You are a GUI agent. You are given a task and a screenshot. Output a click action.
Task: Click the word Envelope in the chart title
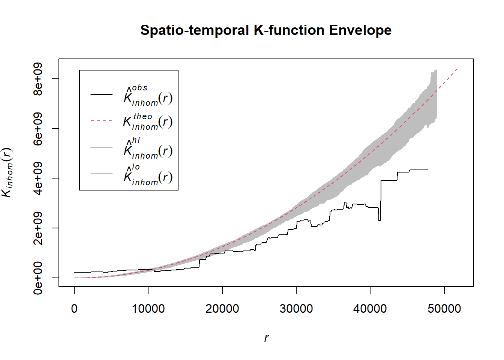[360, 30]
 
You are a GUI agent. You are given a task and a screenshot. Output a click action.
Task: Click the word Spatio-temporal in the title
[195, 30]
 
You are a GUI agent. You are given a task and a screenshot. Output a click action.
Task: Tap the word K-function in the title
[289, 30]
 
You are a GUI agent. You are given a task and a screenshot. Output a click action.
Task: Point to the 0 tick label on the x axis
[74, 309]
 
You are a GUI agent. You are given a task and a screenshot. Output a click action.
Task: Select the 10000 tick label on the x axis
[148, 309]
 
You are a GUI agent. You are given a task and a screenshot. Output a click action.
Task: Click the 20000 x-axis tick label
[222, 309]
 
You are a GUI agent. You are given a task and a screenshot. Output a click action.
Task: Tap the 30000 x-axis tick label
[296, 309]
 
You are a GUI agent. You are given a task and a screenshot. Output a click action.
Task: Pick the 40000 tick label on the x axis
[370, 309]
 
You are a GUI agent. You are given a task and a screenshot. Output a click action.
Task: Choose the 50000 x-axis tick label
[444, 309]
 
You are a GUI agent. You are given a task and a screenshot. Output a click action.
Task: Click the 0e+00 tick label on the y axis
[38, 278]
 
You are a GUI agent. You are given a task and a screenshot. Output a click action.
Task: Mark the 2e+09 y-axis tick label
[38, 228]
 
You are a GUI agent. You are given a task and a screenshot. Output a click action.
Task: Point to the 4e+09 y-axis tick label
[38, 178]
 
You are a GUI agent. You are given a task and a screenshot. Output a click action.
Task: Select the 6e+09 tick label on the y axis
[38, 129]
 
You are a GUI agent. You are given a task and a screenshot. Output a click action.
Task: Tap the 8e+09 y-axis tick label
[38, 79]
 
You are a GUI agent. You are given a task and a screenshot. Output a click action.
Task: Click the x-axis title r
[266, 338]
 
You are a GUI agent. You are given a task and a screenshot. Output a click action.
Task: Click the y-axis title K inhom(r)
[7, 172]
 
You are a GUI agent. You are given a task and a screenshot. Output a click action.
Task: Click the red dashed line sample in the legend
[101, 121]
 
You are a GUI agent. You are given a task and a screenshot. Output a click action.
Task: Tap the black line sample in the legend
[101, 94]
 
